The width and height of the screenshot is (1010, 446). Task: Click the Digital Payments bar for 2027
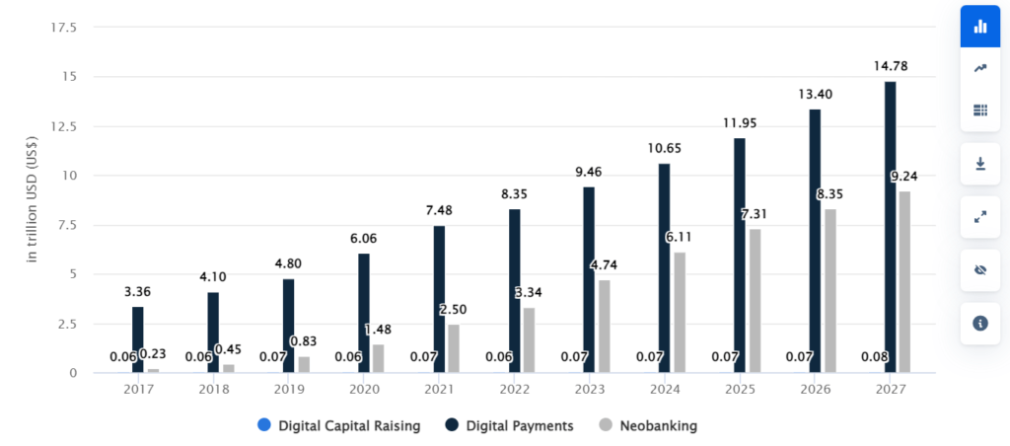[x=891, y=227]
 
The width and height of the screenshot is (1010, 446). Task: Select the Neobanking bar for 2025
[x=755, y=301]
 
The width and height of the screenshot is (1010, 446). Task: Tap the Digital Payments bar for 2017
[x=138, y=339]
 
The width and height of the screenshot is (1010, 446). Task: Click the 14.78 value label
[x=891, y=66]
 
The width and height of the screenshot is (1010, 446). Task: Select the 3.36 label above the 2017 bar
[x=138, y=292]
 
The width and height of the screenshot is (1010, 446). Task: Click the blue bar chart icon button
[x=979, y=27]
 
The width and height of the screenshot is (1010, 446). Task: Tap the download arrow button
[x=979, y=164]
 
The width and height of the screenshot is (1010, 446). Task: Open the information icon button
[x=979, y=323]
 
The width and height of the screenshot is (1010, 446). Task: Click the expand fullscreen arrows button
[x=979, y=217]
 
